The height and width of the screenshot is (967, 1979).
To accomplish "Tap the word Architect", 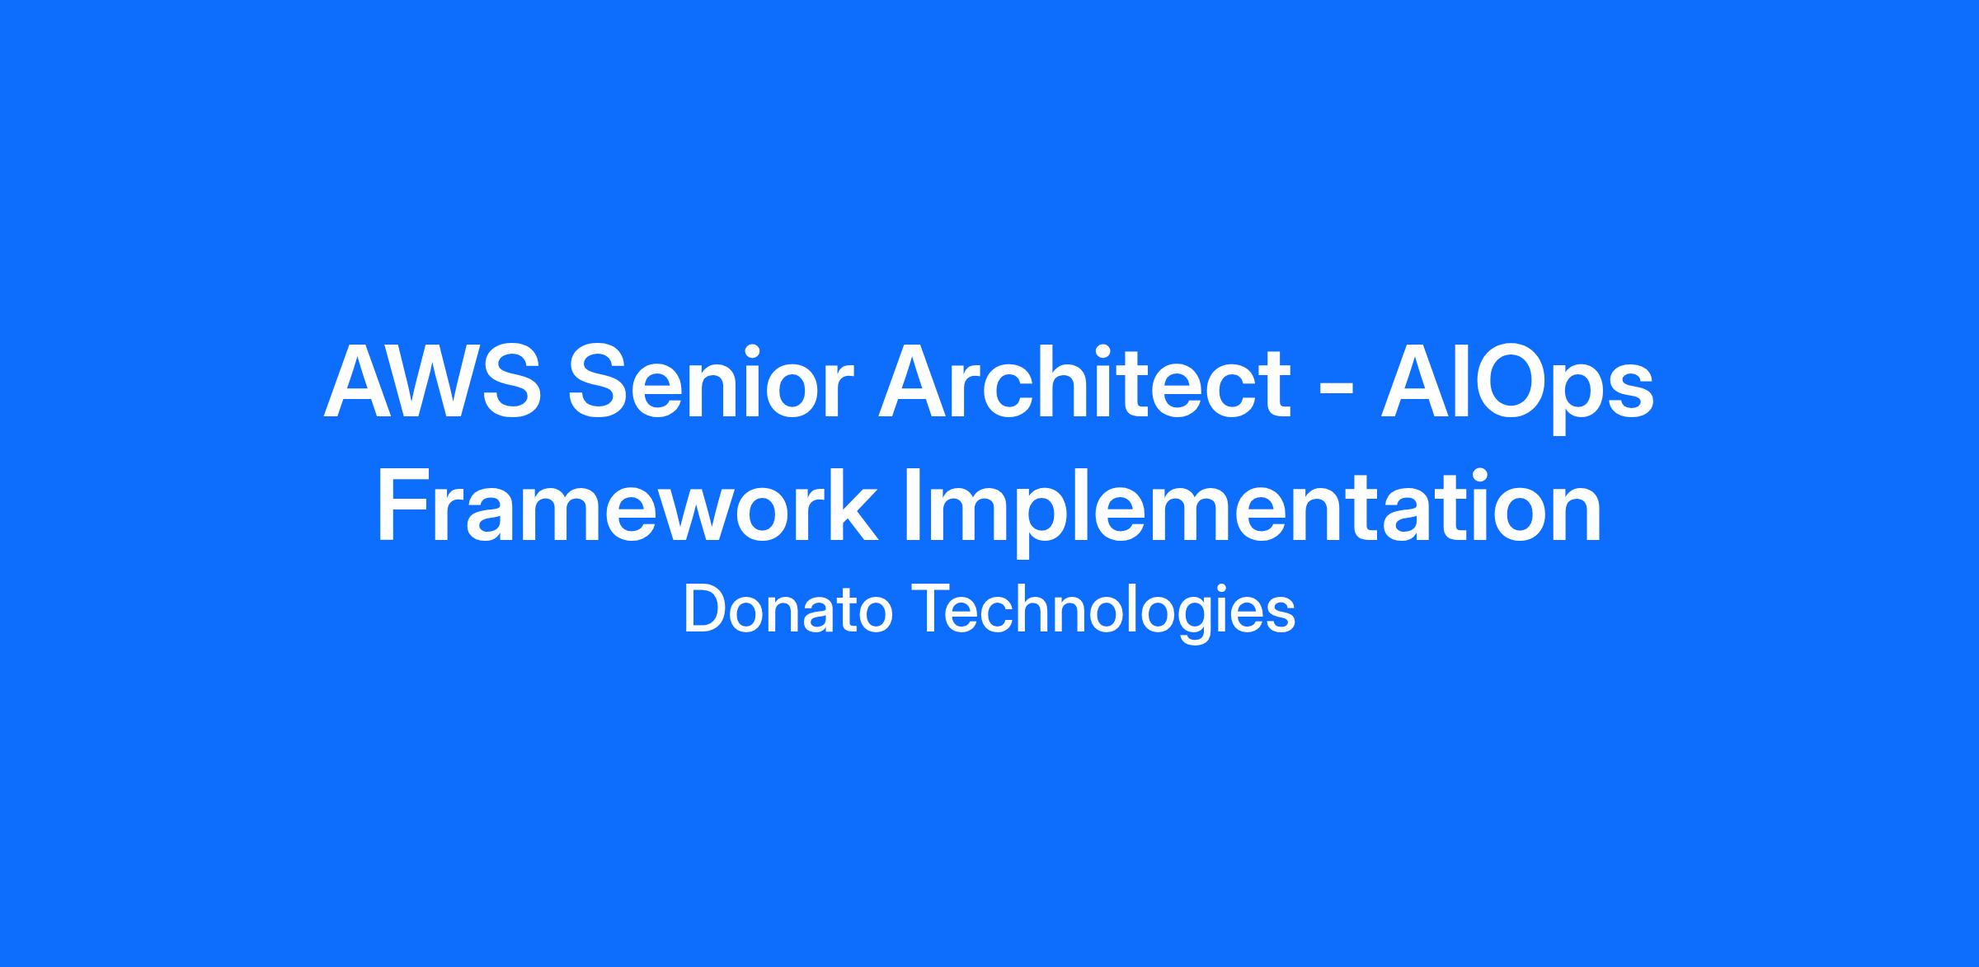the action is (x=1084, y=383).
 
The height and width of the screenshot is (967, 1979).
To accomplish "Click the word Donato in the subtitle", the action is (x=788, y=611).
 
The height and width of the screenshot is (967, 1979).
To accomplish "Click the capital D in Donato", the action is (x=705, y=611).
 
